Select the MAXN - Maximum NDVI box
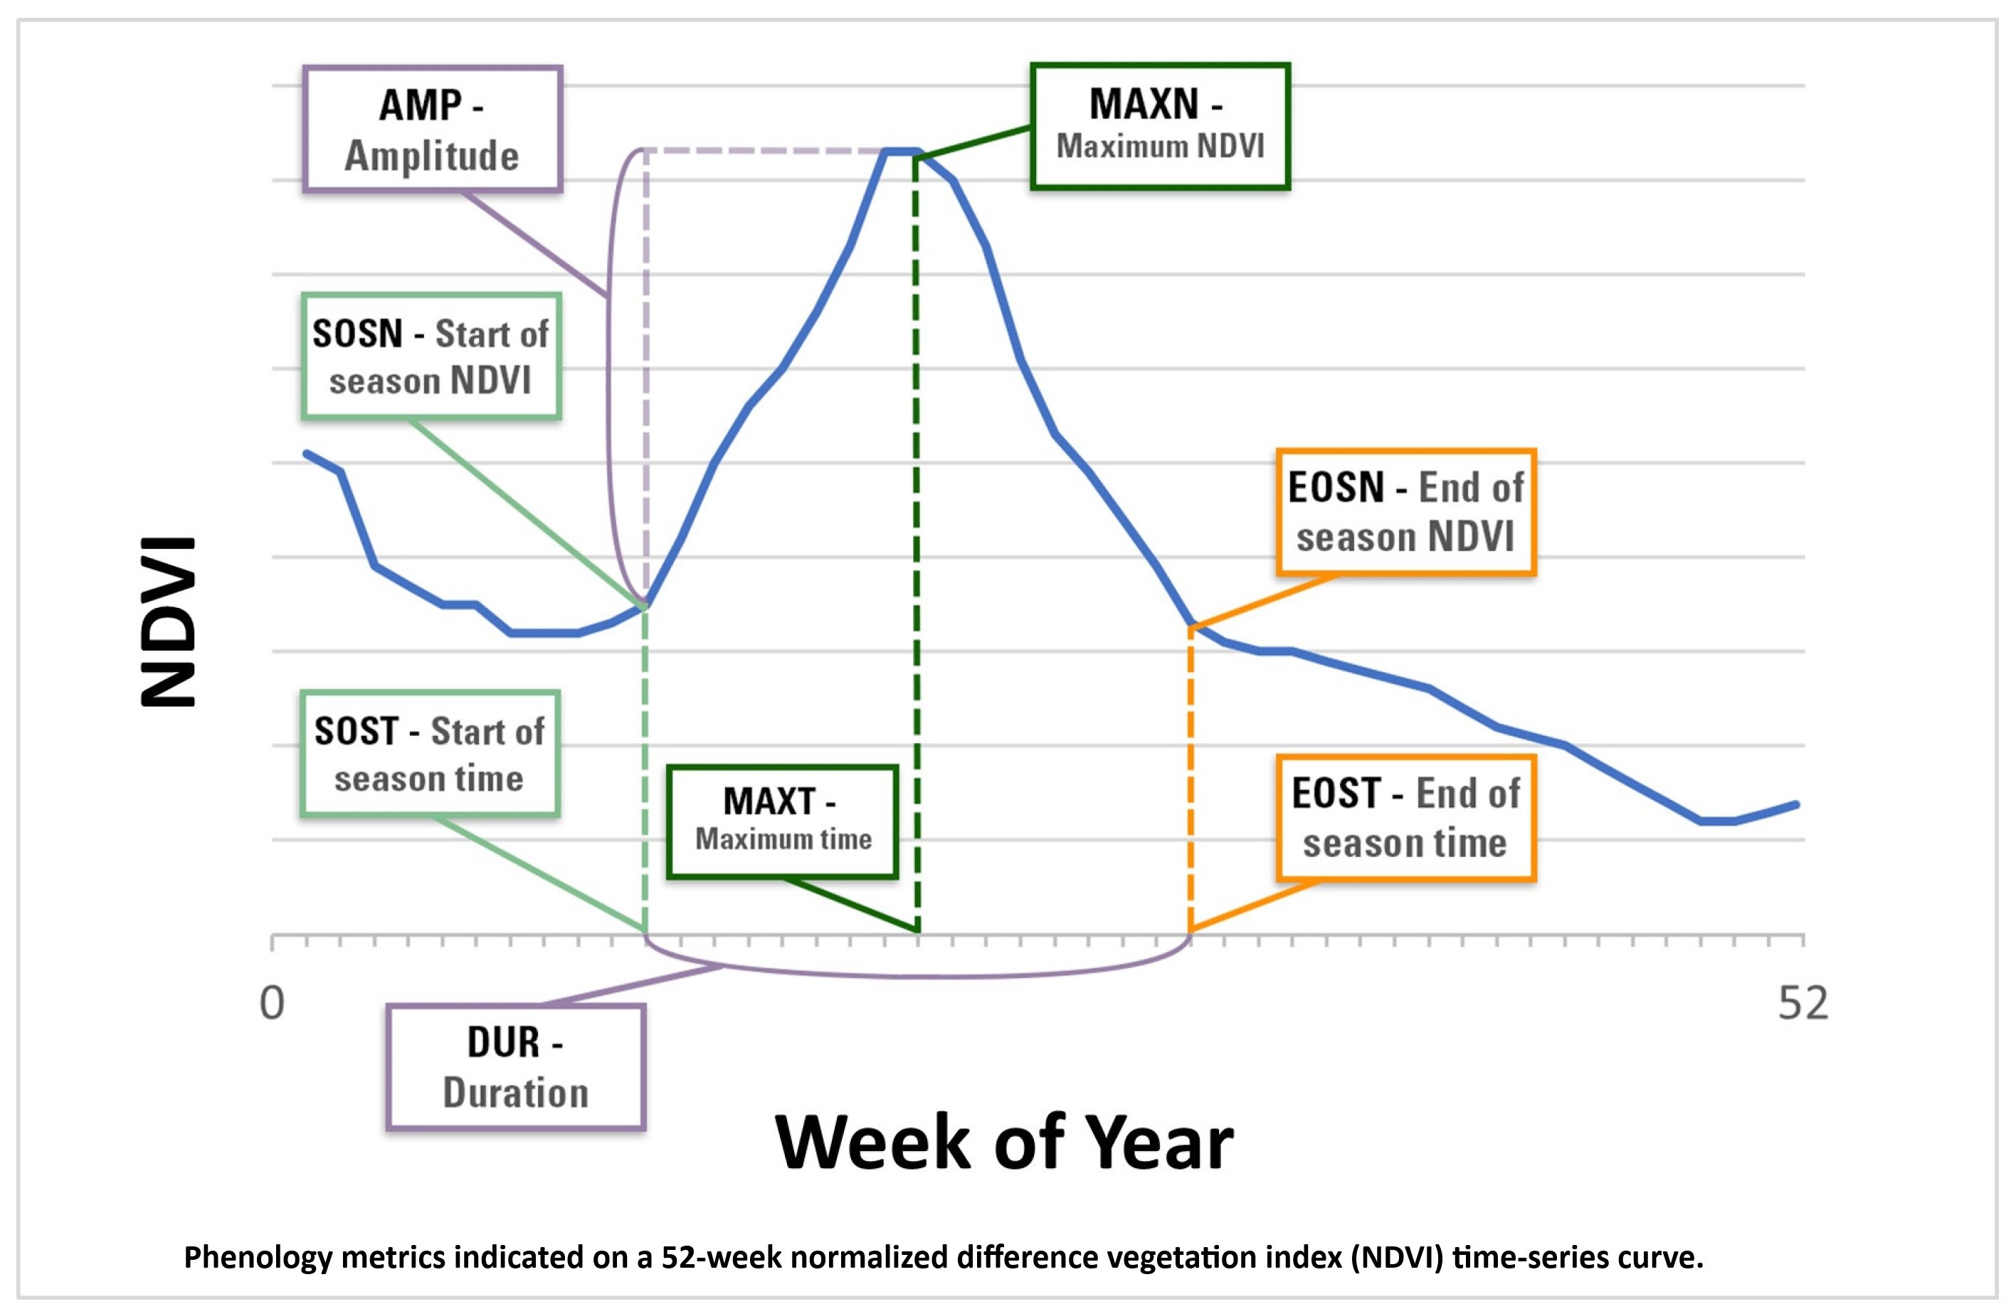coord(1159,125)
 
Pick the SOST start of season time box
coord(429,754)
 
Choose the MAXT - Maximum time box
coord(781,822)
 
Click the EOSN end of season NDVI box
coord(1405,512)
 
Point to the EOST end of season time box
coord(1405,818)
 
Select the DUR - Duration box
coord(515,1066)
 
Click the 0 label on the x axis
coord(272,1004)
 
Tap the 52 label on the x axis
coord(1802,1004)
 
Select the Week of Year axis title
coord(1004,1142)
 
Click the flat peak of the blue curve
coord(902,152)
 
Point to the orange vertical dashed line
coord(1191,777)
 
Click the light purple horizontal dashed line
coord(761,151)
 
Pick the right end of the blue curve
coord(1795,804)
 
